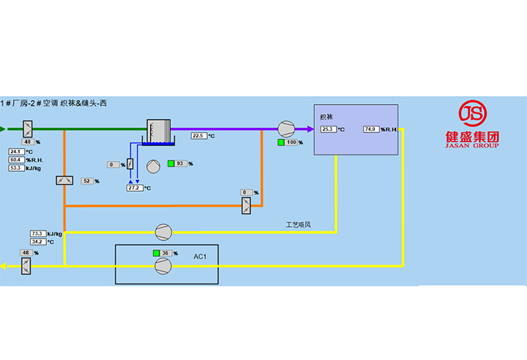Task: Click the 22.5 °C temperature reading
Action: [199, 135]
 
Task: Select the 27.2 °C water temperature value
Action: [135, 188]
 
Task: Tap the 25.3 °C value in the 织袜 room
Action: [328, 130]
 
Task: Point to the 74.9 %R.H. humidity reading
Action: [371, 130]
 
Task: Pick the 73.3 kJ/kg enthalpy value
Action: [38, 233]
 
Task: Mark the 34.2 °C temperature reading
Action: [38, 241]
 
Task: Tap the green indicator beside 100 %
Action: [280, 142]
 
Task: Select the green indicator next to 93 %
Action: [171, 163]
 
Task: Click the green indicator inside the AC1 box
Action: [156, 253]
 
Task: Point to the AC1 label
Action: [200, 257]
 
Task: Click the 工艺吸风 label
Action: [298, 224]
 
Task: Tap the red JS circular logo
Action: [471, 114]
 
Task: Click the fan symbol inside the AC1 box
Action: [162, 266]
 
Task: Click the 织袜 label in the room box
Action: [326, 117]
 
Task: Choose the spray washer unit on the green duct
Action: [158, 130]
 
